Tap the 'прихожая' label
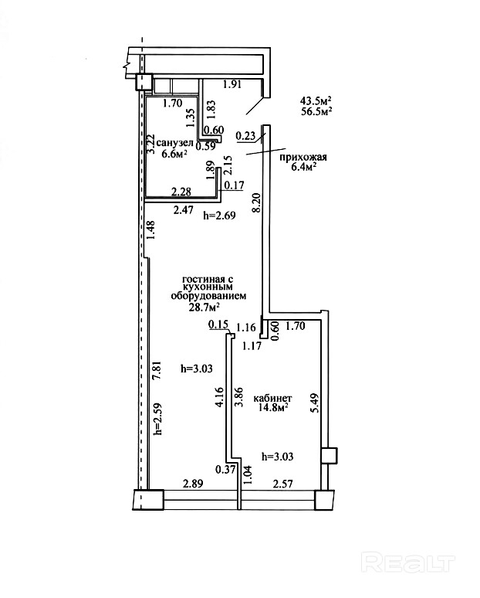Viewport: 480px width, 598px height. click(x=303, y=157)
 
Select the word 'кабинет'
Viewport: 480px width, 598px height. click(x=272, y=398)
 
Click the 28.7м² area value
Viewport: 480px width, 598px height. click(x=205, y=307)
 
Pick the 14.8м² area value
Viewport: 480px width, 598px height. click(x=272, y=408)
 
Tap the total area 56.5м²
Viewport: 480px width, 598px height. click(x=316, y=112)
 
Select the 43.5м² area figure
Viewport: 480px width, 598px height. click(x=316, y=101)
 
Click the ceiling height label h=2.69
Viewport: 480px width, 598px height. click(x=219, y=216)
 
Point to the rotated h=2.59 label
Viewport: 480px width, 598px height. click(x=159, y=420)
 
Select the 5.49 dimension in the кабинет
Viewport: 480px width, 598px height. click(x=314, y=403)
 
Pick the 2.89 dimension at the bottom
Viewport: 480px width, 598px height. click(x=193, y=484)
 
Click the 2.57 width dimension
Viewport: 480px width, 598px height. click(x=283, y=484)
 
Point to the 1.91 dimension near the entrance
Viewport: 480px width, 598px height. click(x=232, y=84)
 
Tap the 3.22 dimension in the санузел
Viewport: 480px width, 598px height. click(x=150, y=144)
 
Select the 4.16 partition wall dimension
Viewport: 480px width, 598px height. click(x=219, y=397)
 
